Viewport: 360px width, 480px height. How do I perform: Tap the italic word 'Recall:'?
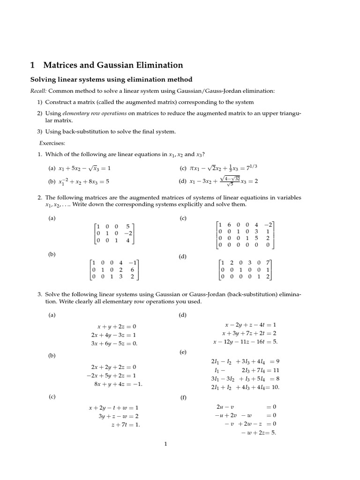pos(38,90)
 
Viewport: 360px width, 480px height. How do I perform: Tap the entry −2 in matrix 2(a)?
pos(127,233)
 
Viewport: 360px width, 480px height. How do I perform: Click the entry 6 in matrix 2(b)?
pos(133,270)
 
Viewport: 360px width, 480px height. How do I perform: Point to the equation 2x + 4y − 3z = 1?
pos(114,335)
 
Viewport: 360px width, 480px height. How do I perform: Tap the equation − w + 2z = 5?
pos(258,432)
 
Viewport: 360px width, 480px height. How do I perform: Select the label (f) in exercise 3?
pos(183,397)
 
